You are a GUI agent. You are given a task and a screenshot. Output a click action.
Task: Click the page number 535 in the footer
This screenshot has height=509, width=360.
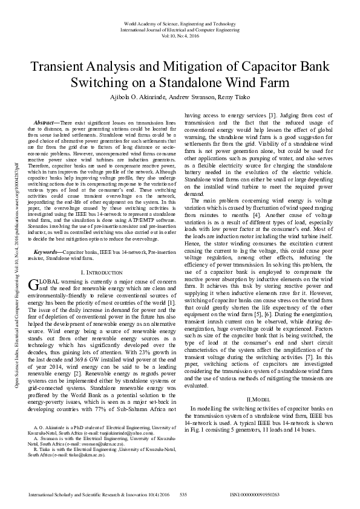point(185,494)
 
